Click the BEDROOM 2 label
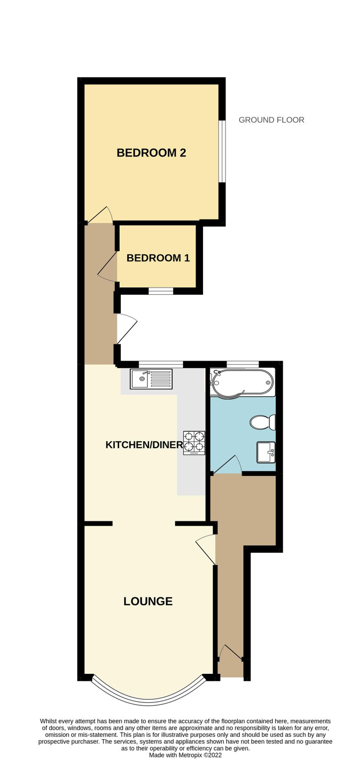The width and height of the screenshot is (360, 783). point(151,153)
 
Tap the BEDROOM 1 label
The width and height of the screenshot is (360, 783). point(158,258)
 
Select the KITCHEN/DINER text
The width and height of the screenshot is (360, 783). point(144,445)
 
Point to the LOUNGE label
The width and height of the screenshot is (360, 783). point(148,601)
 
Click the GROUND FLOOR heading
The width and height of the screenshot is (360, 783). point(271,120)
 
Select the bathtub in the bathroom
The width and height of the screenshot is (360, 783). point(242,383)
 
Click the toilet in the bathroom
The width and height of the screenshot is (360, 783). point(263,422)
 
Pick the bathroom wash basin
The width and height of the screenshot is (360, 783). point(266,452)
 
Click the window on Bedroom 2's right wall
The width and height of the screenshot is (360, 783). point(222,151)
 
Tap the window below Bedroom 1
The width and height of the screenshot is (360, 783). point(161,291)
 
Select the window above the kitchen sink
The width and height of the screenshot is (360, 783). point(161,364)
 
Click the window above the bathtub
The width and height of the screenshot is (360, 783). point(243,364)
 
